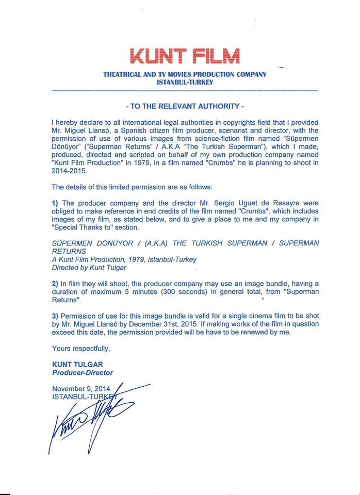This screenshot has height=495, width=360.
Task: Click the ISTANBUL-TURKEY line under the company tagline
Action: coord(185,82)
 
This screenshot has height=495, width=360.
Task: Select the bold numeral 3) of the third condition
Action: coord(55,316)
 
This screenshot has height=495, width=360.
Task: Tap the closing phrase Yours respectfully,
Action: coord(81,349)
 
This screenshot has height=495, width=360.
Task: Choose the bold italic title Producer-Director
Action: coord(83,372)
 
